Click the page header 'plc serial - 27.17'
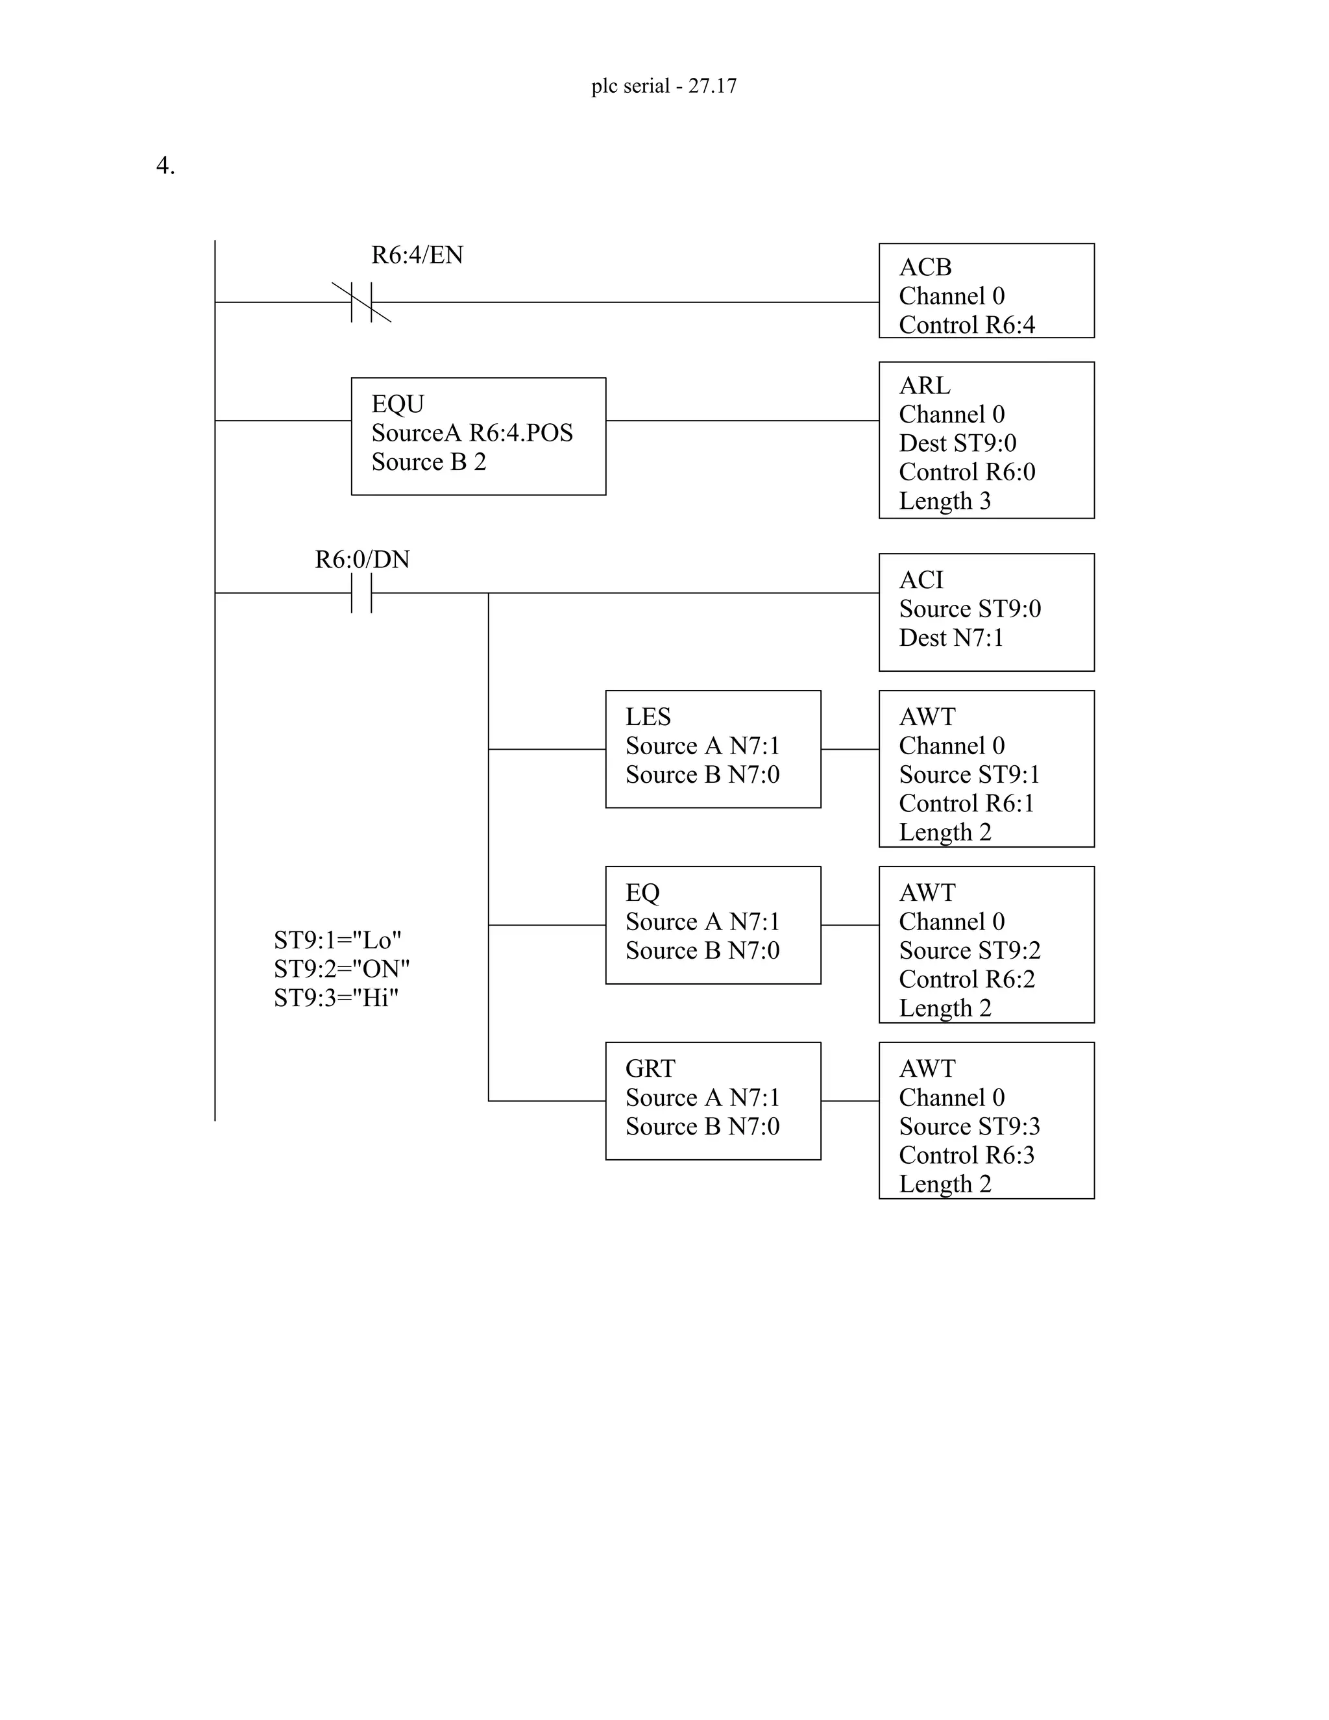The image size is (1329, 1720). tap(664, 86)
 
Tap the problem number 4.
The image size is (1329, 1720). tap(165, 166)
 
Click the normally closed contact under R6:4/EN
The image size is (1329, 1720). tap(361, 302)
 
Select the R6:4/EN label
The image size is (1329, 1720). tap(417, 255)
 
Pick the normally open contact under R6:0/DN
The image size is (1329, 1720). tap(361, 593)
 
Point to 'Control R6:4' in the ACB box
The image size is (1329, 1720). tap(967, 325)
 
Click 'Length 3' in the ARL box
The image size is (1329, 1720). tap(945, 502)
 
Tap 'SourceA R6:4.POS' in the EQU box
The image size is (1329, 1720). tap(472, 433)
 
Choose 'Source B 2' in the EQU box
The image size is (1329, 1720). tap(428, 462)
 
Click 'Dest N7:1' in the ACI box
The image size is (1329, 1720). tap(951, 638)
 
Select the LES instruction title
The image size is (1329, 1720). tap(648, 717)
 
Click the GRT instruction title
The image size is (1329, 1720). tap(650, 1069)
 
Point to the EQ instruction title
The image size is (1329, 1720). tap(642, 893)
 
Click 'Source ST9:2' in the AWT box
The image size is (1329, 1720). tap(969, 951)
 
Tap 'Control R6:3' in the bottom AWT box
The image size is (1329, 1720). tap(967, 1155)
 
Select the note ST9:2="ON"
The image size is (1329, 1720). tap(342, 968)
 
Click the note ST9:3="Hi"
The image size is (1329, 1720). tap(336, 998)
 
